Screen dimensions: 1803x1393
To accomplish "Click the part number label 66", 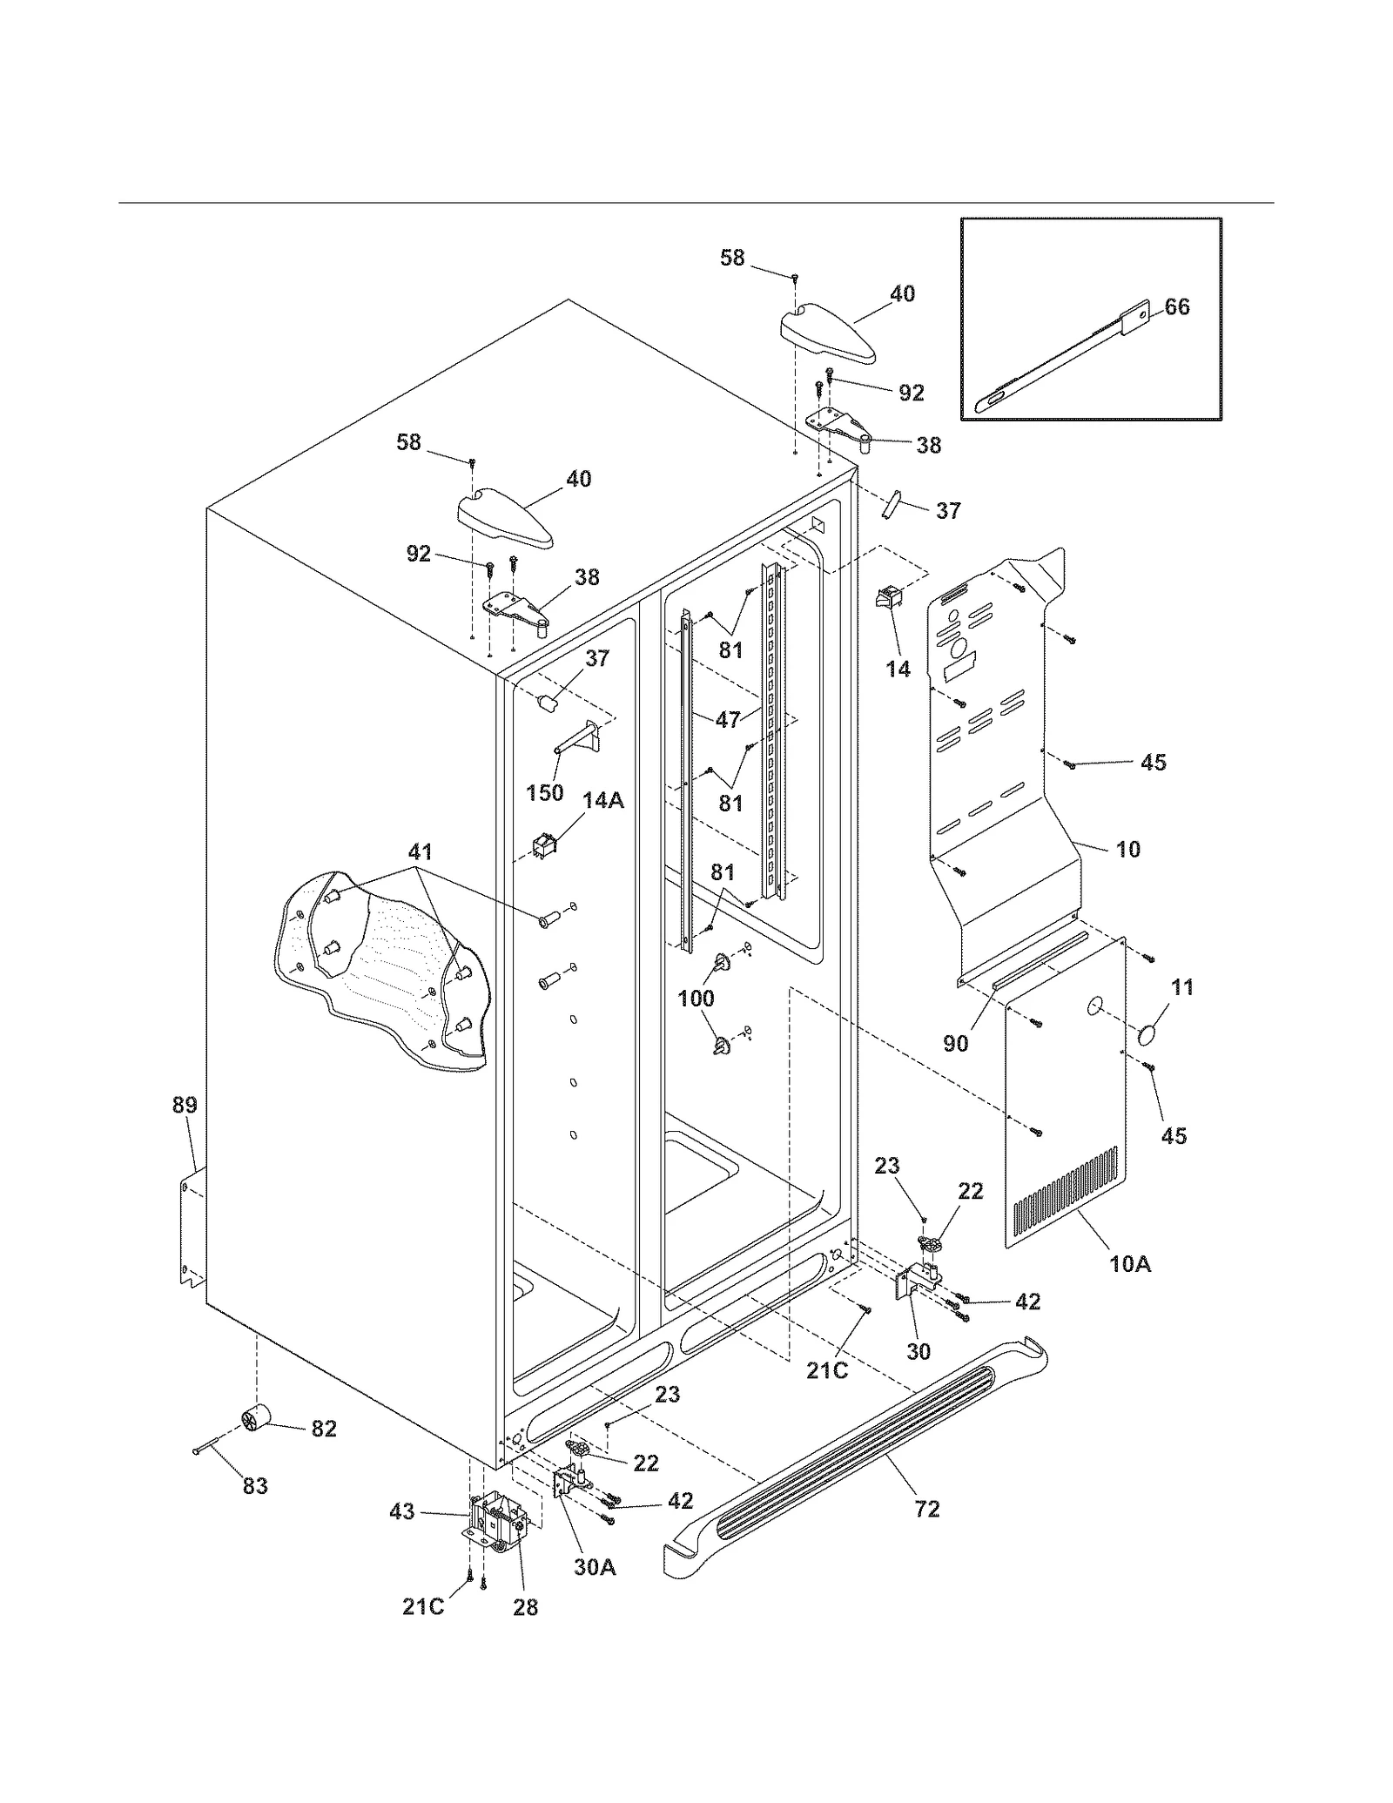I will (x=1176, y=307).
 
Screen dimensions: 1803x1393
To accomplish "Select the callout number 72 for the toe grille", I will (x=927, y=1509).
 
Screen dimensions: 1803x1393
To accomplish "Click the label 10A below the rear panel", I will (x=1129, y=1264).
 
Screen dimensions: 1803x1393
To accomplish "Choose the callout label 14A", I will (x=602, y=800).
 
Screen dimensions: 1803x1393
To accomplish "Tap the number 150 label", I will (x=545, y=793).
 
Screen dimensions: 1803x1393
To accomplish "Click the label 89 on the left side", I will (x=185, y=1106).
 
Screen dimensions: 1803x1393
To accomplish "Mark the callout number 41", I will (x=421, y=851).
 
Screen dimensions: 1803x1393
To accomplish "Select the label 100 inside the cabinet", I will (x=696, y=999).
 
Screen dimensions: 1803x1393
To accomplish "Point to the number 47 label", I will (x=728, y=719).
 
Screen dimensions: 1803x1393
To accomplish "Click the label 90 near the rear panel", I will (x=956, y=1042).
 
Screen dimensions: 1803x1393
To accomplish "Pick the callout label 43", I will (x=402, y=1512).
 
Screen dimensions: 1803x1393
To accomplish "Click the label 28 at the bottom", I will (x=525, y=1607).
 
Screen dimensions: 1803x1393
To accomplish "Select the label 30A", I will (x=595, y=1568).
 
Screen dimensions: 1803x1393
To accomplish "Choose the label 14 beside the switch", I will (x=898, y=669).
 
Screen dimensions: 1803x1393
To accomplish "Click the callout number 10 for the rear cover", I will (x=1128, y=849).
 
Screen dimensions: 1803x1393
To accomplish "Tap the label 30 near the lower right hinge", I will (x=919, y=1351).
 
